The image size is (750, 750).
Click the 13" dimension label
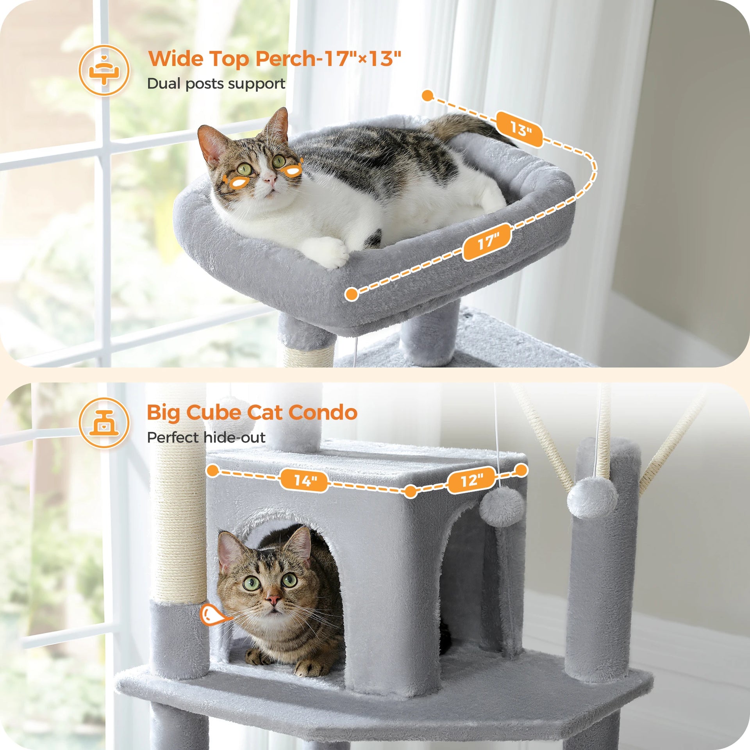520,129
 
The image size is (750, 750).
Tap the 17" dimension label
487,242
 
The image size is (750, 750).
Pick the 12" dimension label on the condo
472,480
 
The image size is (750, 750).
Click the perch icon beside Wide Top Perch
104,70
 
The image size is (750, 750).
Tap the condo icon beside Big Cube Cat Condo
104,423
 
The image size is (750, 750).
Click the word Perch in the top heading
285,59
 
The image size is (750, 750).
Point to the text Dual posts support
216,84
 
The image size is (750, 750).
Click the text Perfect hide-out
206,437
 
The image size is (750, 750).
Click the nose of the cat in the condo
273,600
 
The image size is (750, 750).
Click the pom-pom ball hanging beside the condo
502,506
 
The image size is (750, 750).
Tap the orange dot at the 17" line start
352,294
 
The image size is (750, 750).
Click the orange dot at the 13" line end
428,95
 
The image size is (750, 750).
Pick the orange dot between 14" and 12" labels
411,491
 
